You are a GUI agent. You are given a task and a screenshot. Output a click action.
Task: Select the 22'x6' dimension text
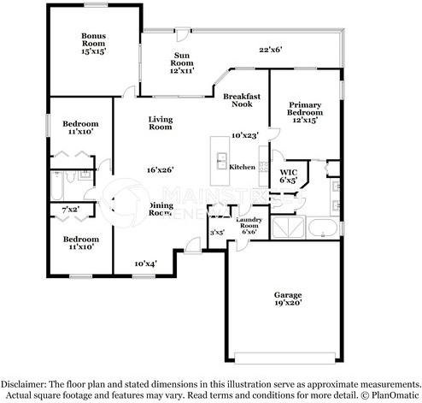pyautogui.click(x=271, y=49)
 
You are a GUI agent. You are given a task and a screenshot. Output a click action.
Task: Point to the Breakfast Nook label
pyautogui.click(x=242, y=101)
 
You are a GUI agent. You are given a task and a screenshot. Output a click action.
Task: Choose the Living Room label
pyautogui.click(x=161, y=123)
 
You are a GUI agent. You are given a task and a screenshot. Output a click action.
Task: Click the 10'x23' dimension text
pyautogui.click(x=244, y=134)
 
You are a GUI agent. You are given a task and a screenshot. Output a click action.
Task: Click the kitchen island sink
pyautogui.click(x=220, y=161)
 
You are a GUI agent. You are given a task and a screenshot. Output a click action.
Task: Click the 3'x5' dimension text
pyautogui.click(x=217, y=231)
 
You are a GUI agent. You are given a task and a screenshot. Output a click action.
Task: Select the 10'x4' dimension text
pyautogui.click(x=146, y=264)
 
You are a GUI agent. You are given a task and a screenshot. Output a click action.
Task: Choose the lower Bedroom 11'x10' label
pyautogui.click(x=81, y=242)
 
